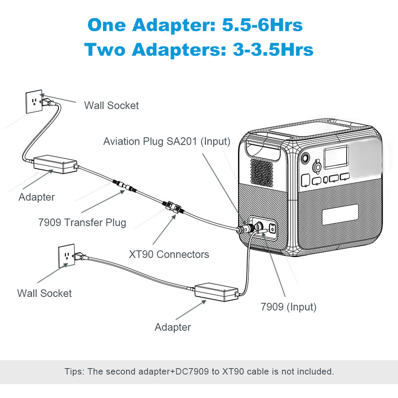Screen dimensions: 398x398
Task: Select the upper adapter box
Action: click(55, 164)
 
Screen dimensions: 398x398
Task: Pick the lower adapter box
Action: click(216, 292)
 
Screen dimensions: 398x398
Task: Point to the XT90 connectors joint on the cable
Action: click(172, 206)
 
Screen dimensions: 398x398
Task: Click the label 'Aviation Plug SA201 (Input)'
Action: click(167, 141)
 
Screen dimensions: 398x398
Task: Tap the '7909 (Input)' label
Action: click(289, 307)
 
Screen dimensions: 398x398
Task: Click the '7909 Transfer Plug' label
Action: click(82, 222)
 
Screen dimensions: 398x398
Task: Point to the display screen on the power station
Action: click(336, 157)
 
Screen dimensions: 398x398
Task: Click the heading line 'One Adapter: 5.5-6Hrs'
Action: click(195, 25)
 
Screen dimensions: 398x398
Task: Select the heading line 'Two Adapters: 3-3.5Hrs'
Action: click(199, 49)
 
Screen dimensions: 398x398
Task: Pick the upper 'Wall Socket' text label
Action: click(112, 105)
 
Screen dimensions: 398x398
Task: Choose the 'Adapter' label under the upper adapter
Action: click(36, 197)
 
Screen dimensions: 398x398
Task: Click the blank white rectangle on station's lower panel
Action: click(340, 214)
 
